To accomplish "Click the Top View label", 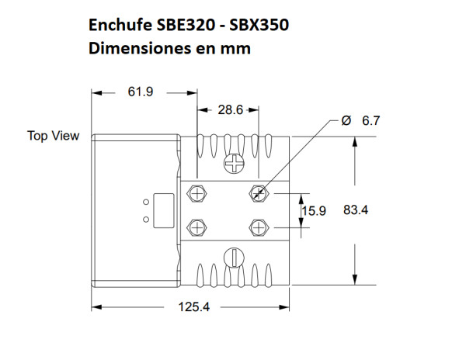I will click(54, 136).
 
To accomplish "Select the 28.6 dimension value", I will click(231, 111).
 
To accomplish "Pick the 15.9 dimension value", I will click(314, 210).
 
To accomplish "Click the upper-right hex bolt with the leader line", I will click(258, 192).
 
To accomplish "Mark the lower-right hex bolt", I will click(258, 227).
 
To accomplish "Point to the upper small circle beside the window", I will click(145, 201).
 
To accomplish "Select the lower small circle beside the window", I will click(145, 219).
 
